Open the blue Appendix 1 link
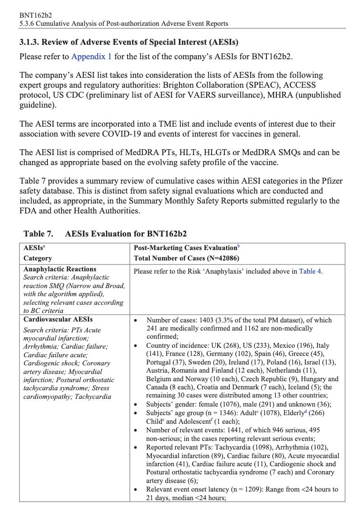91,57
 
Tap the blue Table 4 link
310,271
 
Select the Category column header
38,258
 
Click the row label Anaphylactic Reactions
60,269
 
